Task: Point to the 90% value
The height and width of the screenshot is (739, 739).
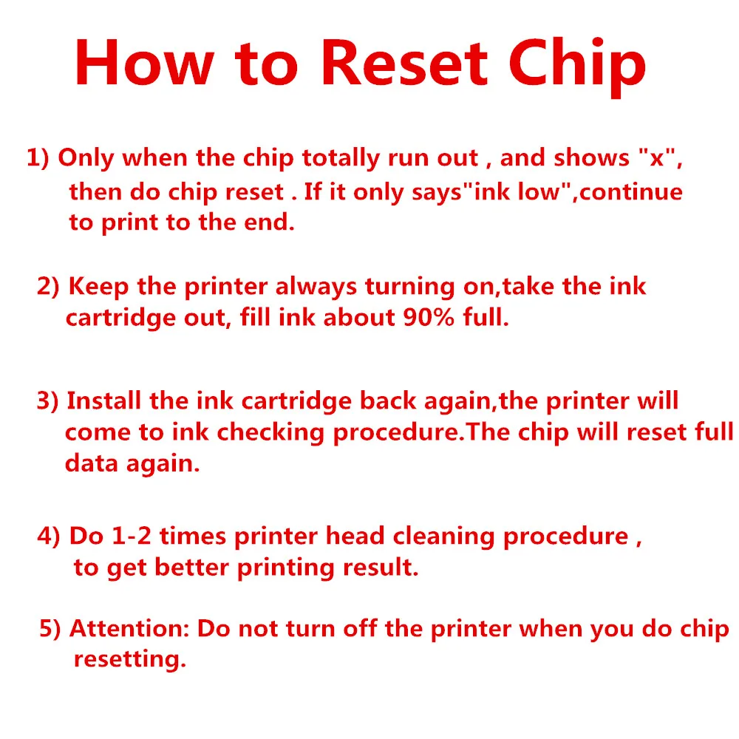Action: [425, 319]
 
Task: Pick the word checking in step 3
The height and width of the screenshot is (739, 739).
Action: [282, 433]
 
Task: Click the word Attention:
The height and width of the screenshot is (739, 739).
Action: [129, 629]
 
